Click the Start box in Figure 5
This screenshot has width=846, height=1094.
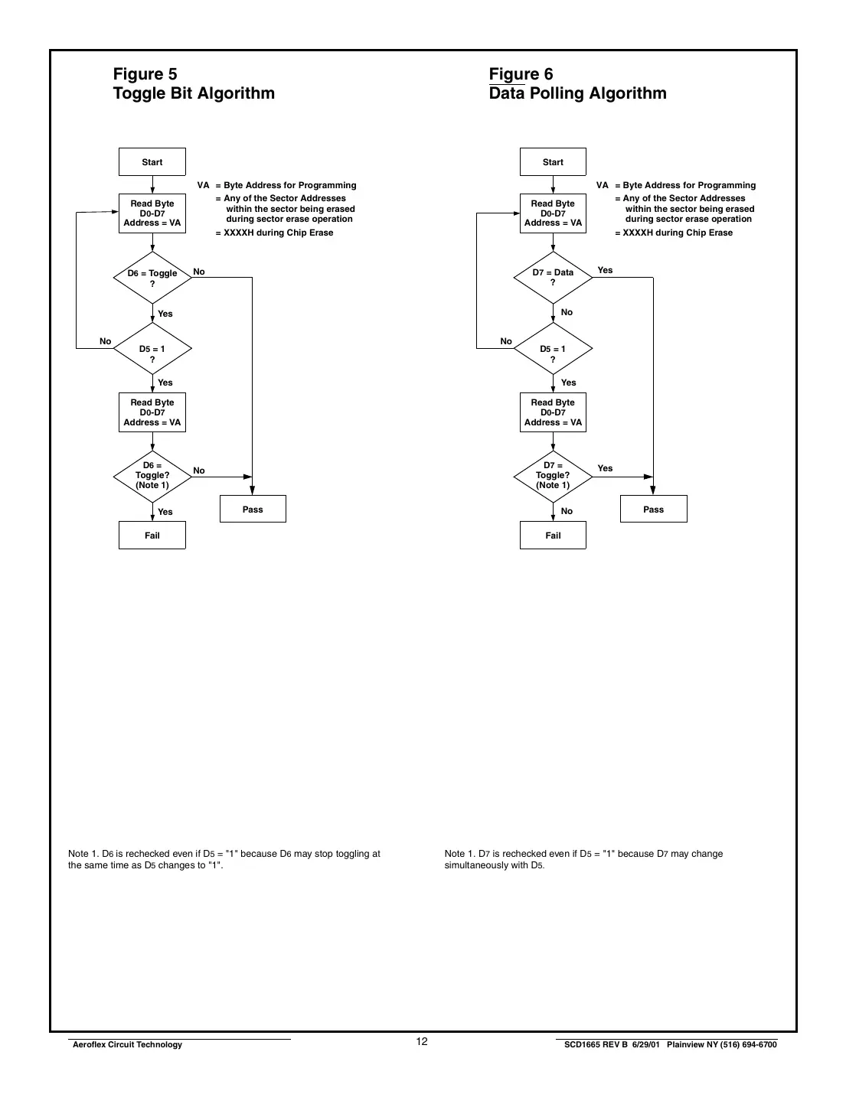[x=152, y=162]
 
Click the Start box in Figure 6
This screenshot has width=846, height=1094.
[x=553, y=162]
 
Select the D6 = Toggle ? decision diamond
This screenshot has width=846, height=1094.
[x=152, y=278]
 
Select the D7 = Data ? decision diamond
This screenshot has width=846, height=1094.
[x=553, y=277]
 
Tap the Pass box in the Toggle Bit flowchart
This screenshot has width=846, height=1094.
[x=253, y=510]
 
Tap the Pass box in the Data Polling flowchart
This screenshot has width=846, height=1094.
[x=653, y=510]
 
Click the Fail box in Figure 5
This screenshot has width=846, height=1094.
[x=152, y=536]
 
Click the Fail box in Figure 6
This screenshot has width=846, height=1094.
[x=553, y=536]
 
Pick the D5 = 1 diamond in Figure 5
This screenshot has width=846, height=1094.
[x=152, y=349]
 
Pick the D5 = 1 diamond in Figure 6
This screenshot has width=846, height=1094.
[x=553, y=349]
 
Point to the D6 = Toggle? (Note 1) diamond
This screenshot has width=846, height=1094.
[x=152, y=476]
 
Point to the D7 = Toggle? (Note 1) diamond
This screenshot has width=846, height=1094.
[x=553, y=476]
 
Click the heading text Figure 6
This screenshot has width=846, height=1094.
[x=521, y=74]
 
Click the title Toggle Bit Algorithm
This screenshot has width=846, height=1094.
[x=194, y=93]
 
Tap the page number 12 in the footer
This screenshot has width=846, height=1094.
[x=422, y=1042]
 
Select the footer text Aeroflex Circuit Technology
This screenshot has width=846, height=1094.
[x=127, y=1045]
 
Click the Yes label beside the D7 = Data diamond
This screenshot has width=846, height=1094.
[x=605, y=270]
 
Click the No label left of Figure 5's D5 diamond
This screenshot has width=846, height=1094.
[x=106, y=341]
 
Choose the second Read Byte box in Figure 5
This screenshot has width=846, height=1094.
[x=152, y=412]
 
